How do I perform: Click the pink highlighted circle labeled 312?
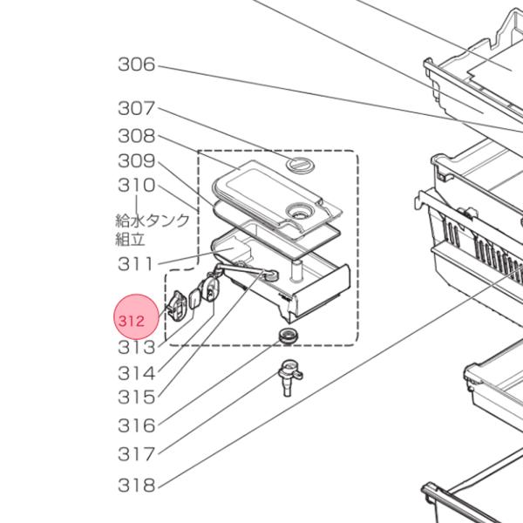pyautogui.click(x=136, y=320)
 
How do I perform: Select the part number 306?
pyautogui.click(x=136, y=65)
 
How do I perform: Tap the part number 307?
pyautogui.click(x=136, y=109)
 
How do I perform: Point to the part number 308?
pyautogui.click(x=136, y=136)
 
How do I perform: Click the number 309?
pyautogui.click(x=136, y=161)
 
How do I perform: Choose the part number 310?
pyautogui.click(x=136, y=186)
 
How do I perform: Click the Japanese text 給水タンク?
pyautogui.click(x=153, y=220)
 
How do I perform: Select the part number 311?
pyautogui.click(x=136, y=264)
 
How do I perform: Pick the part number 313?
pyautogui.click(x=136, y=348)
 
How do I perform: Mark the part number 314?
pyautogui.click(x=136, y=373)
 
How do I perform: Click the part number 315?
pyautogui.click(x=136, y=397)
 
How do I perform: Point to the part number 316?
pyautogui.click(x=136, y=425)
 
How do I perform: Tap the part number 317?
pyautogui.click(x=136, y=453)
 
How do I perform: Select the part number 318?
pyautogui.click(x=136, y=485)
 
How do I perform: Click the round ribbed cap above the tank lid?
pyautogui.click(x=298, y=164)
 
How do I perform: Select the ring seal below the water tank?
pyautogui.click(x=286, y=336)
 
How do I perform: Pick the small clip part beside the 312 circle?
pyautogui.click(x=178, y=307)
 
